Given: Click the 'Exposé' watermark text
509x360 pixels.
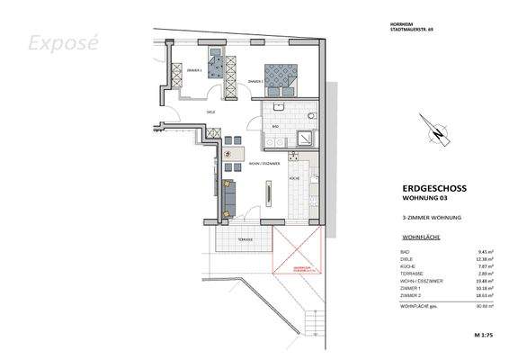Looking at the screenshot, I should pyautogui.click(x=59, y=42).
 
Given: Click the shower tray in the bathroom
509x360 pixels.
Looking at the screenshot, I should pyautogui.click(x=308, y=137).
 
